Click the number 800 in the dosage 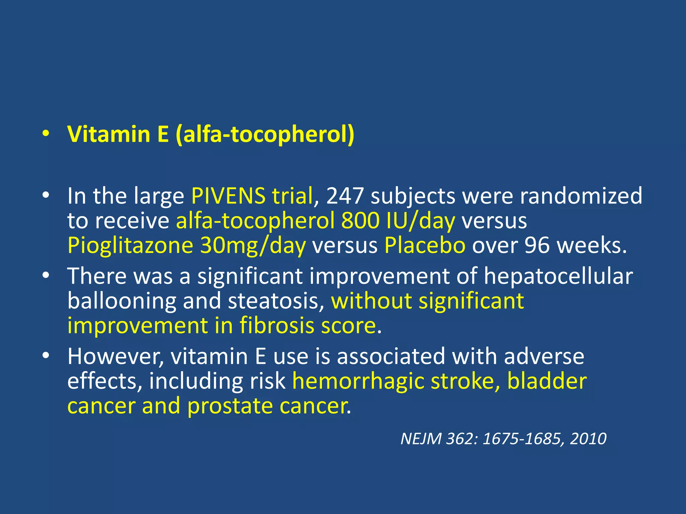360,221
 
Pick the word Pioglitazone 130,246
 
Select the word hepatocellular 558,277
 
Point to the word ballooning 122,301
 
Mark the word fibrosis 277,326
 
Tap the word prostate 229,406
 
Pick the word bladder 547,381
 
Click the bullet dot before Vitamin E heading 46,134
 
